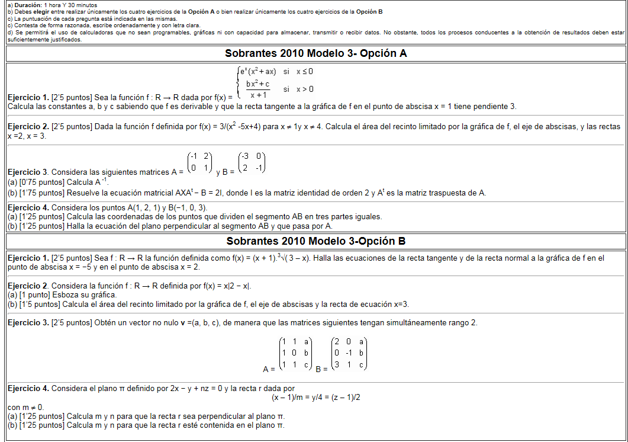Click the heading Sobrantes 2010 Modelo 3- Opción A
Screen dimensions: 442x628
pyautogui.click(x=315, y=53)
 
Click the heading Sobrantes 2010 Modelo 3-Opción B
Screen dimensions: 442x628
pyautogui.click(x=315, y=241)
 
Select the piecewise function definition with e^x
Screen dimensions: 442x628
pyautogui.click(x=275, y=82)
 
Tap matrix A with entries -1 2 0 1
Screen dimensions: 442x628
pyautogui.click(x=199, y=162)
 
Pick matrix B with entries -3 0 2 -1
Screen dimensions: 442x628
pyautogui.click(x=251, y=162)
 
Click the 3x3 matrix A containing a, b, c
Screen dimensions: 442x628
pyautogui.click(x=295, y=354)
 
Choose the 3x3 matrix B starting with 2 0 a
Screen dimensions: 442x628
pyautogui.click(x=349, y=354)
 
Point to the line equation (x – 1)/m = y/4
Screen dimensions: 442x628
pyautogui.click(x=315, y=397)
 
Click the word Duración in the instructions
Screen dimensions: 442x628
pyautogui.click(x=27, y=4)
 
